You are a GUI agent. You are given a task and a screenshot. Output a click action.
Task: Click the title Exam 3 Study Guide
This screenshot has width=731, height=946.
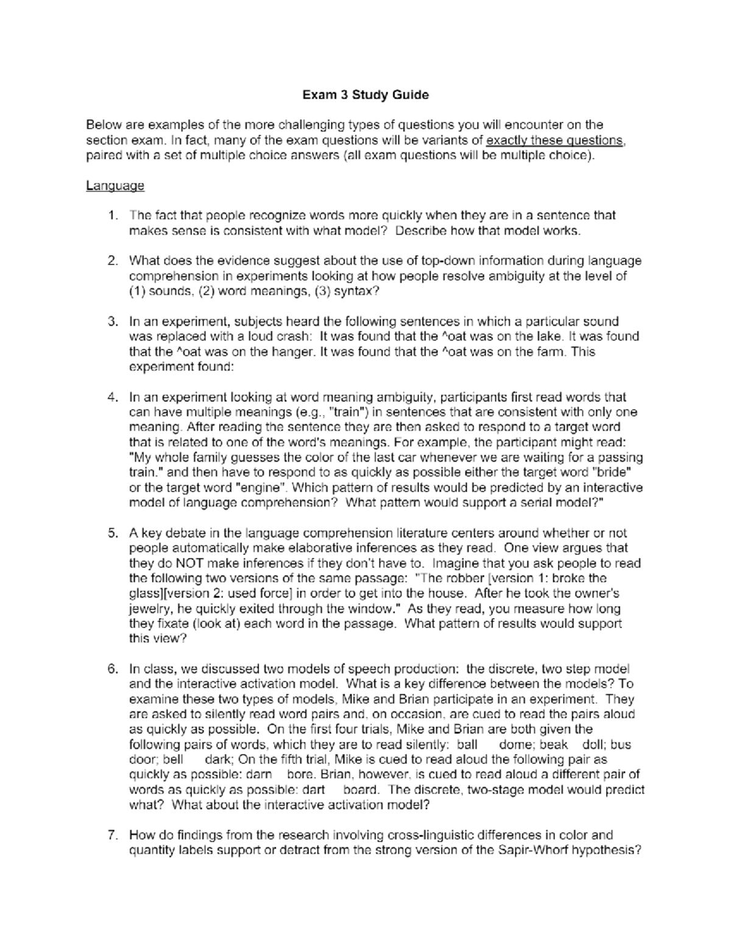pos(365,95)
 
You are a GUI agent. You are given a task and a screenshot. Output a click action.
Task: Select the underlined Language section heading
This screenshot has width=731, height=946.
pos(115,186)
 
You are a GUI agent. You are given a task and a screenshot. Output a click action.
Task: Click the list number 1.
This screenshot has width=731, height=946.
pos(111,216)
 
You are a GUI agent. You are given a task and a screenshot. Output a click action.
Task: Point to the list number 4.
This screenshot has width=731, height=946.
pos(111,397)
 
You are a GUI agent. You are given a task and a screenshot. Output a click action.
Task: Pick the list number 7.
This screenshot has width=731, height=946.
pos(111,835)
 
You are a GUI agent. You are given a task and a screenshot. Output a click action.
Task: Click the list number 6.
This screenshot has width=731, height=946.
pos(111,669)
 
